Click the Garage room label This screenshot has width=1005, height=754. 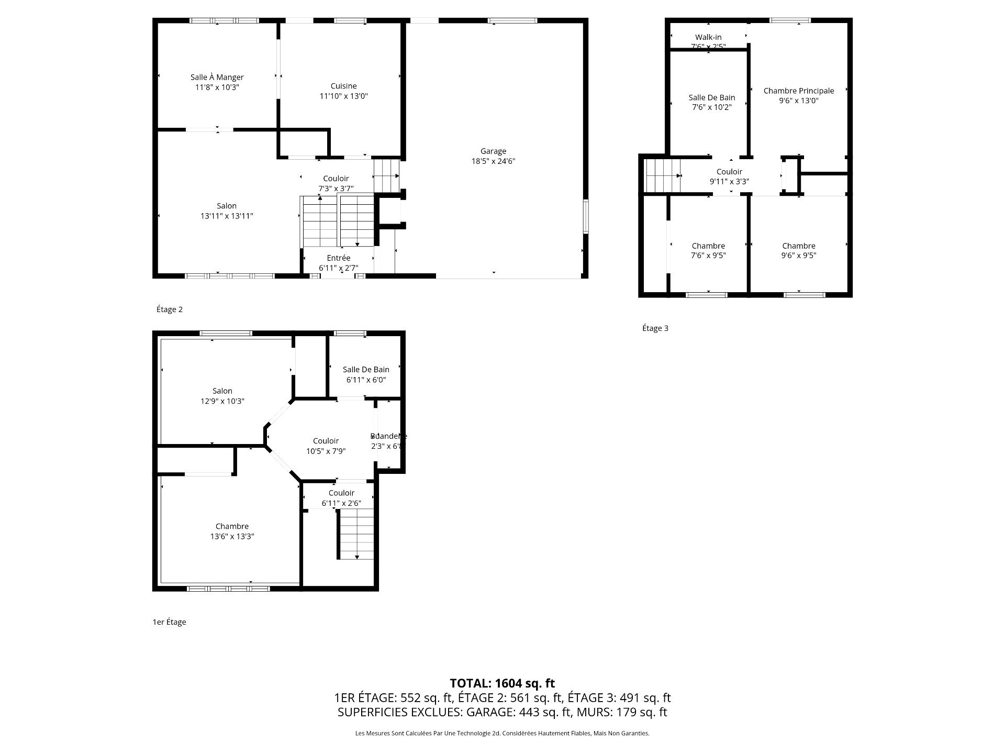coord(493,151)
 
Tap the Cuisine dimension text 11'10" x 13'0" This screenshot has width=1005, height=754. coord(343,96)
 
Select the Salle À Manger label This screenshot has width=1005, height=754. coord(217,77)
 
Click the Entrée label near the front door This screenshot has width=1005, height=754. coord(338,258)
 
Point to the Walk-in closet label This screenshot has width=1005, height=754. coord(708,37)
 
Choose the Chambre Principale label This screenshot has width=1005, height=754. coord(798,91)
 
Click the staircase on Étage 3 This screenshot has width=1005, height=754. coord(663,176)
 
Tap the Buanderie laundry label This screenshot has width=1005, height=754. coord(388,436)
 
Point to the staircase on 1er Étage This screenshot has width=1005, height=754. coord(356,534)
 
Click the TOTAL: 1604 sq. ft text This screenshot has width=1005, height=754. coord(502,683)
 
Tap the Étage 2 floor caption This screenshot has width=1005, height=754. coord(170,309)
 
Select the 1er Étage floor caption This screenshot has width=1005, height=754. coord(169,622)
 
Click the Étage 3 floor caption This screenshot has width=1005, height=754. coord(655,328)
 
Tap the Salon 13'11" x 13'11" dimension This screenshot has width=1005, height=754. coord(227,216)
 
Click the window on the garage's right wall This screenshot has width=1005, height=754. coord(585,215)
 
